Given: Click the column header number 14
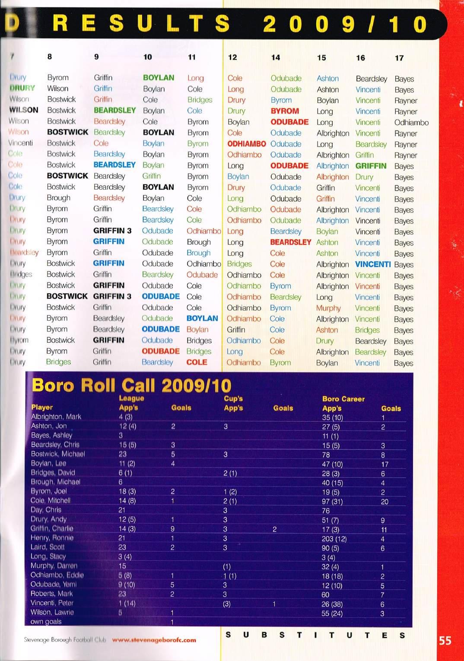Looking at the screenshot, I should pos(275,57).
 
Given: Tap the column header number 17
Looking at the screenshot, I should pos(399,58).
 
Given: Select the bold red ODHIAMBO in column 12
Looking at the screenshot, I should pos(246,144).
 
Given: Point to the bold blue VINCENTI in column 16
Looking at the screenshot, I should pos(372,264).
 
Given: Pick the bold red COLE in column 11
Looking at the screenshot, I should pos(197,362).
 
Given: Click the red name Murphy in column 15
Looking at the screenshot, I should pos(328,308).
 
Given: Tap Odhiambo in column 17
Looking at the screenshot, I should pos(411,123).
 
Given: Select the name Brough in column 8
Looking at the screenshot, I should pos(58,198).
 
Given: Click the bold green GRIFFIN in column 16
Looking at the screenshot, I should pos(371,166).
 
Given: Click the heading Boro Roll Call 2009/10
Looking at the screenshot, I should pos(131,385).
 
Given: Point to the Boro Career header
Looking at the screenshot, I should pos(343,399).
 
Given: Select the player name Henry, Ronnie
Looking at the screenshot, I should pos(52,538).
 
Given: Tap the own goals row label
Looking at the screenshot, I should pos(46,622).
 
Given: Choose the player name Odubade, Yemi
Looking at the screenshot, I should pos(53,584).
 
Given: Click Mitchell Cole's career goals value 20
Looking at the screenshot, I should pos(384,502).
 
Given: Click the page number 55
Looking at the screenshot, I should pos(445,641).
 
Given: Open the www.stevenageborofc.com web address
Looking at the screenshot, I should pos(154,640).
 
